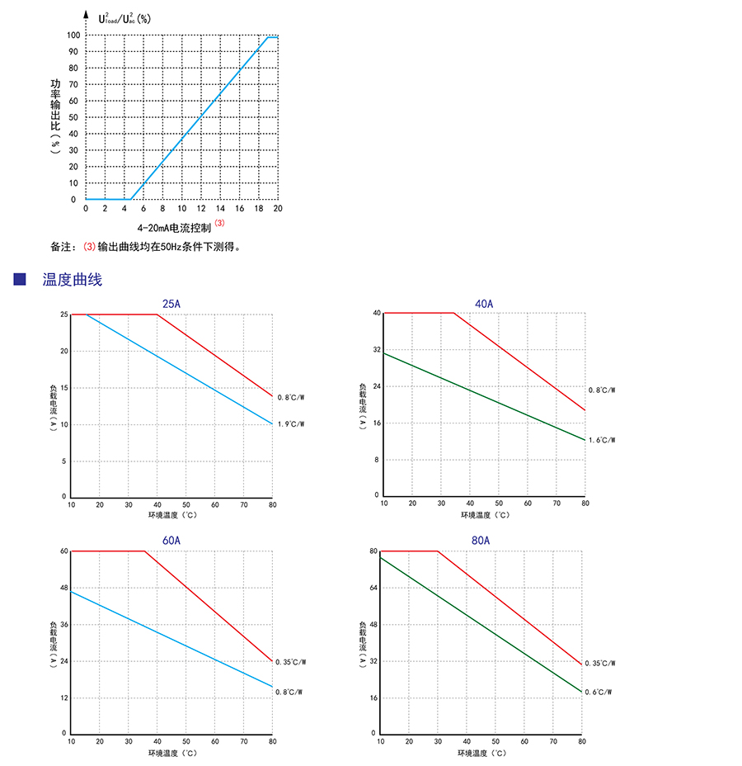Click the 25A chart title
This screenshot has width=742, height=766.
(171, 305)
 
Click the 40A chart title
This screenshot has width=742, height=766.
(484, 304)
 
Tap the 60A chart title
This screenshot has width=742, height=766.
(171, 541)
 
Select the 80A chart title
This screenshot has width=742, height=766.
(481, 541)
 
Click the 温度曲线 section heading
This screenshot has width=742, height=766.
(73, 280)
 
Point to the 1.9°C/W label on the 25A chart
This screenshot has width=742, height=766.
(291, 424)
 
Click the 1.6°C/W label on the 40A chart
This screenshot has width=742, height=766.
(602, 440)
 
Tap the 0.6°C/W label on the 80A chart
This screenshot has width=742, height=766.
(599, 692)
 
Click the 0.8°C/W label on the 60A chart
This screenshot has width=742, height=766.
(289, 692)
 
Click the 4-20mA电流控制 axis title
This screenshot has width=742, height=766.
(175, 227)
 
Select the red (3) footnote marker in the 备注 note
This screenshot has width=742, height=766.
(90, 246)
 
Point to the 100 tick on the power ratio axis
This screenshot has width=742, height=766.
(73, 35)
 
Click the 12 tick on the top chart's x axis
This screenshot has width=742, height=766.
(200, 210)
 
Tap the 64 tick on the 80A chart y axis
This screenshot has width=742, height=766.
(373, 588)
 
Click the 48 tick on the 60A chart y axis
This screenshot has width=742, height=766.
(63, 588)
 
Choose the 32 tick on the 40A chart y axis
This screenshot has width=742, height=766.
(376, 350)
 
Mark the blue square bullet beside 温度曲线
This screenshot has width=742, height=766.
(21, 280)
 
